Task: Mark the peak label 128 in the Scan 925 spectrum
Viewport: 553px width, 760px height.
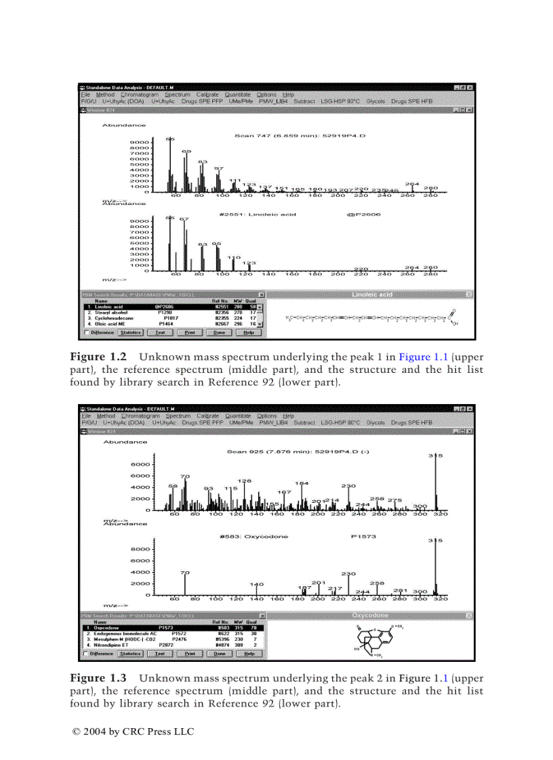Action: click(x=245, y=480)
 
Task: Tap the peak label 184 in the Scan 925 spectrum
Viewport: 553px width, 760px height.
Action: click(x=302, y=483)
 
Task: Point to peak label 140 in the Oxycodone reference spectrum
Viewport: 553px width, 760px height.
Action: click(x=256, y=583)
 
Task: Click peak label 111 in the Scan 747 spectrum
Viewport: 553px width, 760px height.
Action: click(x=235, y=180)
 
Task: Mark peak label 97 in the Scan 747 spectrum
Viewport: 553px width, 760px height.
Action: click(x=219, y=168)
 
